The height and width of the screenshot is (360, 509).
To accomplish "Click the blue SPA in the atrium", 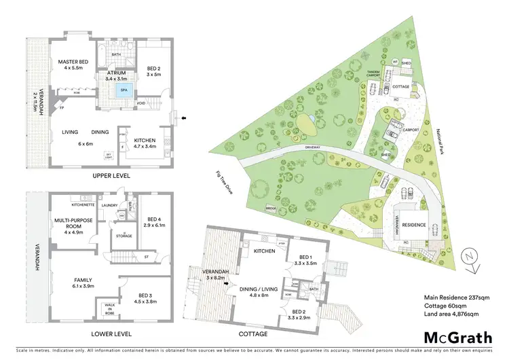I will point(124,90).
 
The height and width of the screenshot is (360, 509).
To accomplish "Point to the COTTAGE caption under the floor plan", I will point(253,334).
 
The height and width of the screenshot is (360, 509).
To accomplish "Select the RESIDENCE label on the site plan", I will point(413,225).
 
